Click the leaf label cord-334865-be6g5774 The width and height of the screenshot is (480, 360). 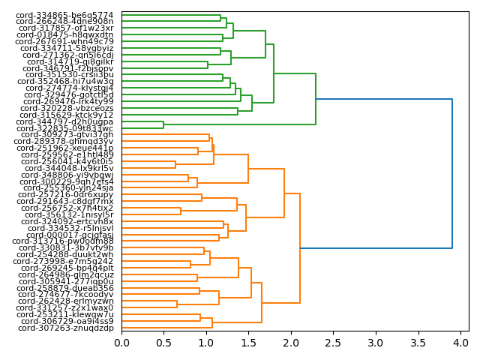(x=65, y=15)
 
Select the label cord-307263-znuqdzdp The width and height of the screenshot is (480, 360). (x=66, y=328)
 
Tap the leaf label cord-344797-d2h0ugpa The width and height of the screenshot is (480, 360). (x=65, y=121)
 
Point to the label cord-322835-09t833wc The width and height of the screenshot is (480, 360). (x=65, y=128)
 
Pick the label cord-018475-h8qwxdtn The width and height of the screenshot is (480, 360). (x=65, y=34)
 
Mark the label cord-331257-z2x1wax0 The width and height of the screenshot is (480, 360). (x=64, y=307)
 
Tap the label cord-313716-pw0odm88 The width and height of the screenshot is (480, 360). (x=64, y=241)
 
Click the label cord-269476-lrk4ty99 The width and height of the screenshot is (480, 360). (x=65, y=101)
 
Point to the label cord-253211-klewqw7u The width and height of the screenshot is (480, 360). (x=65, y=314)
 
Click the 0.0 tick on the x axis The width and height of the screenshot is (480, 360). (x=121, y=343)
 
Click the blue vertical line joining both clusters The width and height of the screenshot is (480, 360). (x=452, y=173)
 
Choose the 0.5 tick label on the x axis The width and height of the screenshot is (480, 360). (x=163, y=343)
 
